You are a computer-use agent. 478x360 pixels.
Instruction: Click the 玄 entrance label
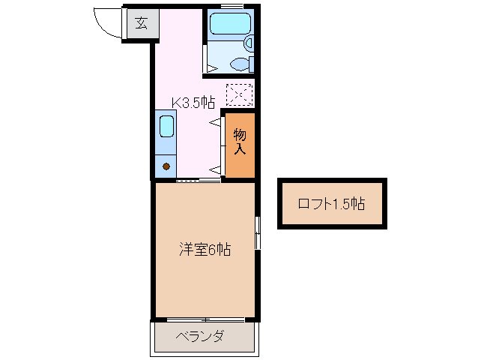[142, 22]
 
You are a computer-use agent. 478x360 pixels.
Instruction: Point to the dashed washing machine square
[239, 95]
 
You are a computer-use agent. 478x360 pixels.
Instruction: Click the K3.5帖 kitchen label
[194, 103]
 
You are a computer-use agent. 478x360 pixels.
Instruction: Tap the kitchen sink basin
[166, 126]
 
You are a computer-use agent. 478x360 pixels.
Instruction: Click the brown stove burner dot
[166, 165]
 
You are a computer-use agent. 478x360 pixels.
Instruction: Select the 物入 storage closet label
[240, 142]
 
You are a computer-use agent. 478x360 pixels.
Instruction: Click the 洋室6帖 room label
[204, 249]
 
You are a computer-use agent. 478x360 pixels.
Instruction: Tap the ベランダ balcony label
[200, 336]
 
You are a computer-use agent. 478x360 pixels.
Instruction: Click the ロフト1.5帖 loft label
[331, 203]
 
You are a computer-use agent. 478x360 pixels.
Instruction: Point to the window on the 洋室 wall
[257, 232]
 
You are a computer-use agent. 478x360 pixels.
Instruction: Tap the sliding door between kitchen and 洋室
[199, 181]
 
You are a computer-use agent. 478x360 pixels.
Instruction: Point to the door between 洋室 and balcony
[204, 320]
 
